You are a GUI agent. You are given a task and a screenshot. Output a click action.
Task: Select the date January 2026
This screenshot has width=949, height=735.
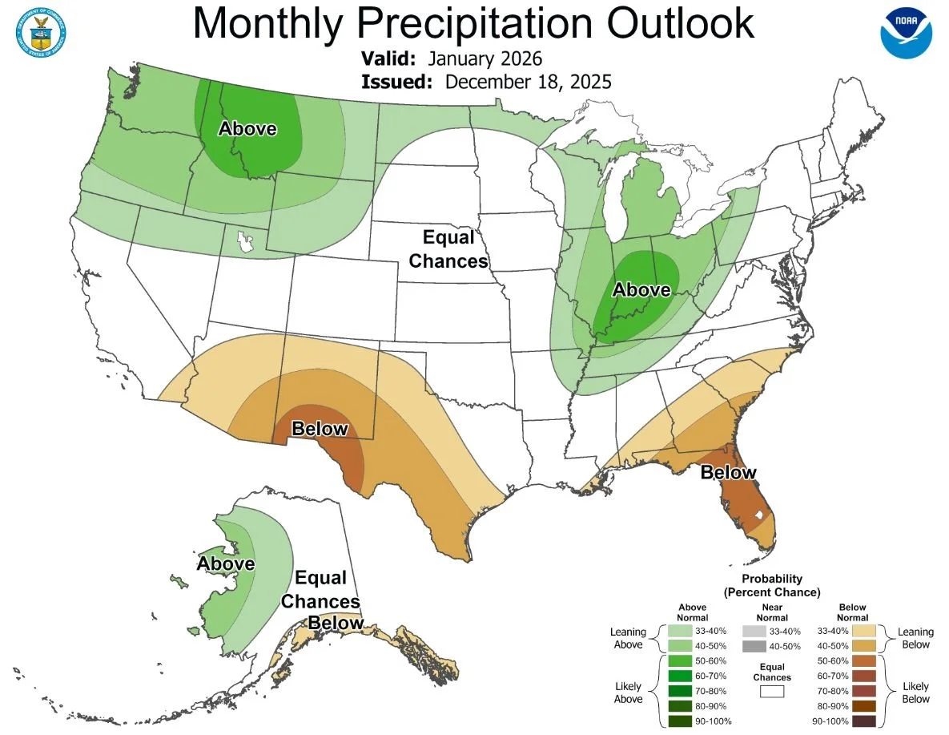coord(485,59)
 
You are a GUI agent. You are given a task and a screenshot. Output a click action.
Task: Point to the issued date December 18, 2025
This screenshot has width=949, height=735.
coord(528,82)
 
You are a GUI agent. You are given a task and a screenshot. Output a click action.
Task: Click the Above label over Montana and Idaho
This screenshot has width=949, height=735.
coord(248,128)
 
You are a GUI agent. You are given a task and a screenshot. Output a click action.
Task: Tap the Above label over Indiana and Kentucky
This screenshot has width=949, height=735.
coord(641,289)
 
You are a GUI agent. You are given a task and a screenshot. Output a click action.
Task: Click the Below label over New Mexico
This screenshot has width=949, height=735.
coord(320,429)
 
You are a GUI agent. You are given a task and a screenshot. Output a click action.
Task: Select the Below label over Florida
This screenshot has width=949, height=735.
coord(728,472)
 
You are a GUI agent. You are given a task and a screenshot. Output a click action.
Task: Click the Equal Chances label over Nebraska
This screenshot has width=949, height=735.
coord(454,249)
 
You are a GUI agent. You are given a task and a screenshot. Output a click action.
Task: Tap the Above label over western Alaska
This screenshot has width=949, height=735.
coord(226,563)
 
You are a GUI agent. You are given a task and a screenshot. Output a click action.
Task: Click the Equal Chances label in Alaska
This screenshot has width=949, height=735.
coord(320,589)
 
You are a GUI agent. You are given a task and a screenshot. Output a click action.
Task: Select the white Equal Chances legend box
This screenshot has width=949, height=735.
coord(772,691)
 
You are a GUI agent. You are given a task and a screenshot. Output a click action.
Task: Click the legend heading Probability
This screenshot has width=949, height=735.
coord(771,579)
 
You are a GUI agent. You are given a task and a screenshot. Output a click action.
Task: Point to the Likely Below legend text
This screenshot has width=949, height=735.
coord(915,692)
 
